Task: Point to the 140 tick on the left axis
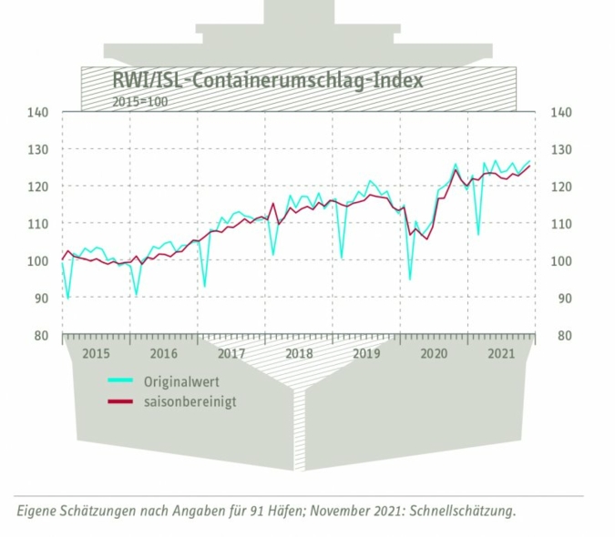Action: pyautogui.click(x=37, y=113)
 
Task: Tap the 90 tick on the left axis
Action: pyautogui.click(x=40, y=298)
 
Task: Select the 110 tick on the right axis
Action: pyautogui.click(x=561, y=224)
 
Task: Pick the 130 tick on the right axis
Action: pyautogui.click(x=561, y=149)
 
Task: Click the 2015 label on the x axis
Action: pyautogui.click(x=96, y=353)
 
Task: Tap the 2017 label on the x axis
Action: pyautogui.click(x=231, y=353)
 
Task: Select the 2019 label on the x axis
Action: pyautogui.click(x=365, y=353)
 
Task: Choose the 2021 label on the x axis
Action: pyautogui.click(x=500, y=353)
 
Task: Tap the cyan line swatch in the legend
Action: pyautogui.click(x=122, y=380)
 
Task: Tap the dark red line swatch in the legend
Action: pyautogui.click(x=122, y=401)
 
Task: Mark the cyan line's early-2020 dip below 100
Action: pyautogui.click(x=410, y=278)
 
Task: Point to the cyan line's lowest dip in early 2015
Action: pyautogui.click(x=68, y=297)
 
